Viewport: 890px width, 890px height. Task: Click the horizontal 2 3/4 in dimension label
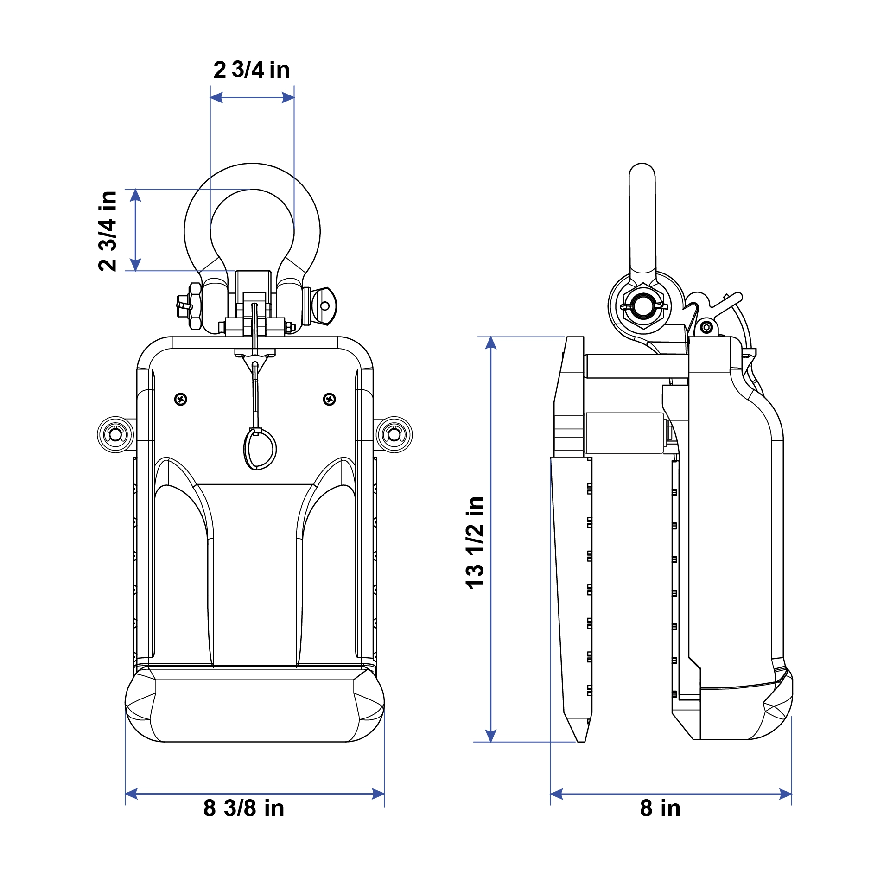click(252, 70)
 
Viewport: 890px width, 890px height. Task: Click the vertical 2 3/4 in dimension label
click(108, 231)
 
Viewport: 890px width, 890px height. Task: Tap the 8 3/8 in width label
click(244, 808)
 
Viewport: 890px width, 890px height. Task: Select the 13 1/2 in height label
click(475, 542)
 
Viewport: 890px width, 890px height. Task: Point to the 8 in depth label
click(661, 808)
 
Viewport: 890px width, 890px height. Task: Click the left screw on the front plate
click(181, 399)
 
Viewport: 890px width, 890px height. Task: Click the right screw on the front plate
click(330, 399)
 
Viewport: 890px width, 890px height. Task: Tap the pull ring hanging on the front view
click(260, 449)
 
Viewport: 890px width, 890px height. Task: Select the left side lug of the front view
click(115, 435)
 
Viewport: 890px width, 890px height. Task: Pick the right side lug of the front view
click(394, 435)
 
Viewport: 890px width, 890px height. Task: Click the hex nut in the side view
click(644, 306)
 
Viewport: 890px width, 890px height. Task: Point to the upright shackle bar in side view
click(642, 218)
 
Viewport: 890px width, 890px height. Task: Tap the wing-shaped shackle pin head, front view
click(324, 306)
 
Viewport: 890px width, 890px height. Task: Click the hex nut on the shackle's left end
click(195, 306)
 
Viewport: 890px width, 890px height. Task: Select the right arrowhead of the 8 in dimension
click(785, 794)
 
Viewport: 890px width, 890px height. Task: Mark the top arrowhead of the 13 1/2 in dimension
click(491, 343)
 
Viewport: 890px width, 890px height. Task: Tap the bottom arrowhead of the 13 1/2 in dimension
click(491, 736)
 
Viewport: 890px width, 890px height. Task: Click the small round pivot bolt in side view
click(706, 328)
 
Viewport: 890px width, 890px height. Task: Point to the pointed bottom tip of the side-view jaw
click(581, 742)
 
